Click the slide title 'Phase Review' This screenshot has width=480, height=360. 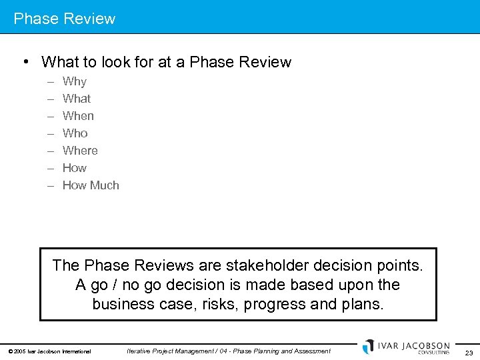65,19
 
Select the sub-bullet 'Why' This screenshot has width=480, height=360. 75,81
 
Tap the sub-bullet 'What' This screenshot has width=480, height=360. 77,99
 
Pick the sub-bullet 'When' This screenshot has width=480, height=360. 78,116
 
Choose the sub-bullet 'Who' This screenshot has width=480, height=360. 75,133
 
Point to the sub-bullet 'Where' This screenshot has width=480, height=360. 80,151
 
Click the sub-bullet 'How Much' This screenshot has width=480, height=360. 91,185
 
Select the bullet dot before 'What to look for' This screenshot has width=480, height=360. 25,62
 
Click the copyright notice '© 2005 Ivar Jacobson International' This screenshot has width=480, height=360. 49,351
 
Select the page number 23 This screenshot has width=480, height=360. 469,353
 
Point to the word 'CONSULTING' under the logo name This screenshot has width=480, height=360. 433,353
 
